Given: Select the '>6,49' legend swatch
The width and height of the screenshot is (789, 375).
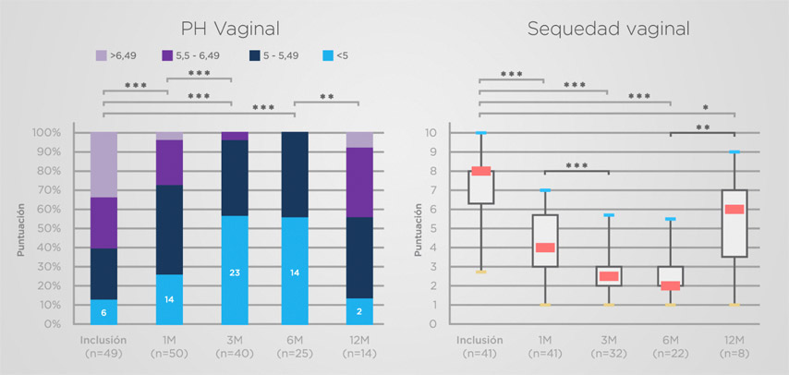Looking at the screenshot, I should tap(103, 55).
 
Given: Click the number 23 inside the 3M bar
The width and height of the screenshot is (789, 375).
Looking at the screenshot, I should tap(235, 272).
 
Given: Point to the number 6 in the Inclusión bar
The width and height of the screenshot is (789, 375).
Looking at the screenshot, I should tap(103, 312).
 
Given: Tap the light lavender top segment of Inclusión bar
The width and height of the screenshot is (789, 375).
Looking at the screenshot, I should tap(103, 164).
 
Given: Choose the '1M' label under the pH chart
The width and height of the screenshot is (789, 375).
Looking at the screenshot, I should tap(170, 339).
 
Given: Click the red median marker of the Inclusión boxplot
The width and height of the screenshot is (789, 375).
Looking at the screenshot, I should tap(481, 170).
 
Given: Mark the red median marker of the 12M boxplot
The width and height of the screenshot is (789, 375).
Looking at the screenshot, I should tap(734, 209).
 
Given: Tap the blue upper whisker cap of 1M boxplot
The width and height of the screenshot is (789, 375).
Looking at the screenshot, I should tap(544, 190).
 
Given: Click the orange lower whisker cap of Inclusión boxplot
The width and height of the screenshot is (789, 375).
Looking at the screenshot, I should tap(481, 272).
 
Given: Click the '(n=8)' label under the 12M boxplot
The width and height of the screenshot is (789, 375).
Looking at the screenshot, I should tap(734, 353).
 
